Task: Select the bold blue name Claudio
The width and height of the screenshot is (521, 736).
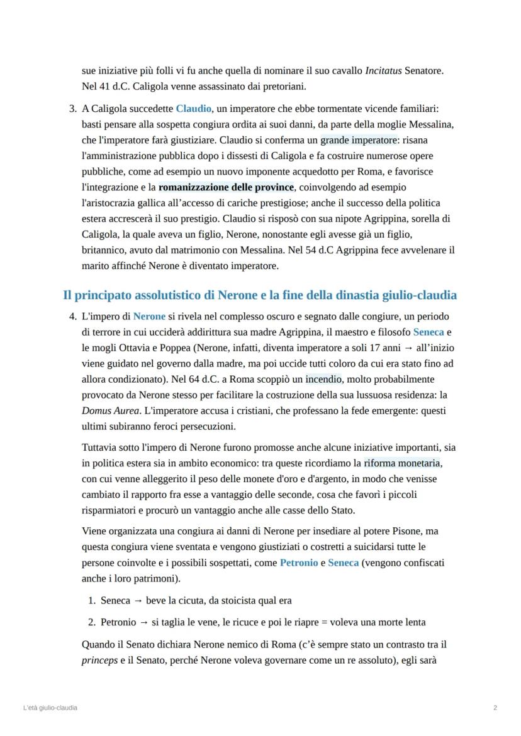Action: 193,109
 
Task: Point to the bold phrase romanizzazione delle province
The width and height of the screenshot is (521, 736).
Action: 226,187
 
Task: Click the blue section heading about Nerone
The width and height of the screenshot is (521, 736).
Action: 260,295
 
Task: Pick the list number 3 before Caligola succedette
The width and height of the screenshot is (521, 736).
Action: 72,109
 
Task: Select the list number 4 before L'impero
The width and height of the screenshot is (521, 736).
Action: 72,316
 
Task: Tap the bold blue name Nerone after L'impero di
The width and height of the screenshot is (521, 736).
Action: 149,316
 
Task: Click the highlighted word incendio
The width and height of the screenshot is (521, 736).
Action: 323,379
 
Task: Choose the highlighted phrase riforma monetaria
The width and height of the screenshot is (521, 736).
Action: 403,463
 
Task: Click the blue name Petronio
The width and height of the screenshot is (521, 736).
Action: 299,563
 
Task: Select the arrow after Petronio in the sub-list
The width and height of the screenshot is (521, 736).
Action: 143,622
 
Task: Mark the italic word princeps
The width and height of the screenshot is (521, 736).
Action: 99,661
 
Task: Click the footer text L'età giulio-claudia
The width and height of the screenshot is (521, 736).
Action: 50,708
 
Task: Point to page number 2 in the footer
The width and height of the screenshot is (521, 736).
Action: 495,708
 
